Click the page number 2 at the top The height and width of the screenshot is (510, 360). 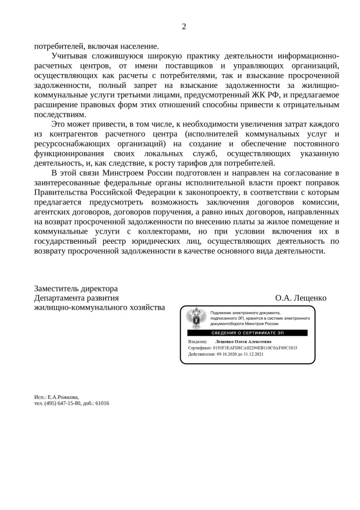[x=184, y=26]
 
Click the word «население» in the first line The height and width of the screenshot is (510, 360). [x=137, y=46]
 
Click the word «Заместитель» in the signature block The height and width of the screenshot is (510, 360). [x=56, y=289]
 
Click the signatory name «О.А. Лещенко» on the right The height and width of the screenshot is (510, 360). [x=301, y=298]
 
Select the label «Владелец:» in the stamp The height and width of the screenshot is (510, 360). [x=198, y=341]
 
